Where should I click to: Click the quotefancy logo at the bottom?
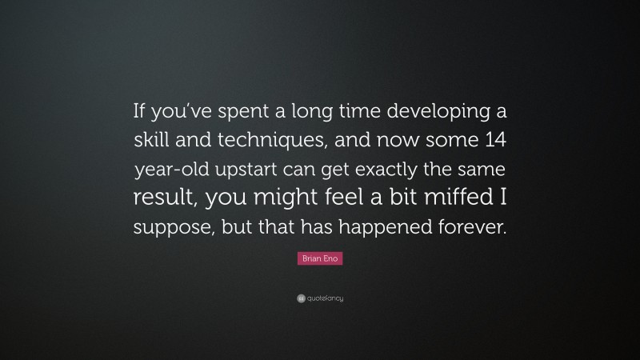(x=320, y=298)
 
